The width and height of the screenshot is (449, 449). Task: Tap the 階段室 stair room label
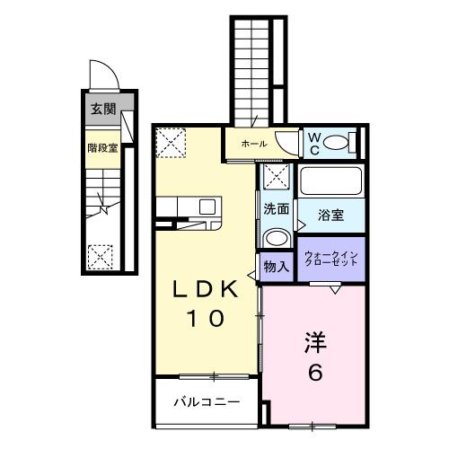point(102,147)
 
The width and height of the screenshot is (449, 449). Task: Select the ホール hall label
point(252,143)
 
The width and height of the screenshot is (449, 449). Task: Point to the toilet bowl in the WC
point(338,143)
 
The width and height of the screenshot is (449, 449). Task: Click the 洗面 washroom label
point(277,209)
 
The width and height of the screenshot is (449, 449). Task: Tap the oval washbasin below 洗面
point(276,238)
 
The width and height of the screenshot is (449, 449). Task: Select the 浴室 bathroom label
point(330,215)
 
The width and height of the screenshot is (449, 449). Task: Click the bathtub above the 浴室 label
point(330,182)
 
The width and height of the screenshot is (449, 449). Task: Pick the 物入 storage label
point(277,266)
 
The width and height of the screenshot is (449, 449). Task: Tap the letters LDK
point(206,290)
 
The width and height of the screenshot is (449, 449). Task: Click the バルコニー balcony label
point(207,401)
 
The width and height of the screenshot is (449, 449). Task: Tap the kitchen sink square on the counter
point(207,206)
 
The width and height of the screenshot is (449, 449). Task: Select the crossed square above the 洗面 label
point(276,178)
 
